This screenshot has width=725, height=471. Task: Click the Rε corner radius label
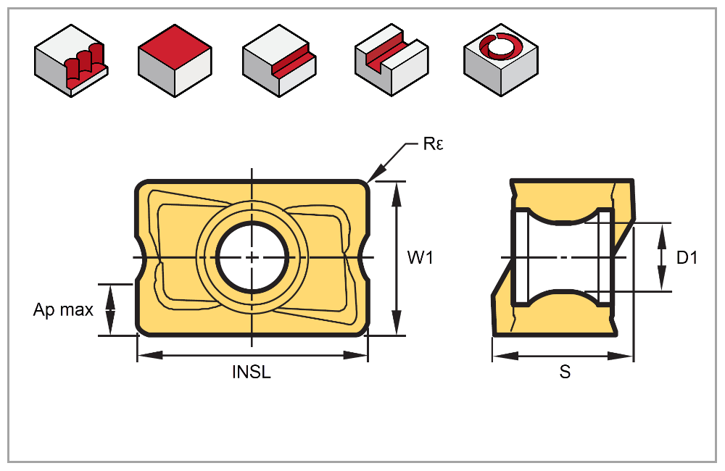pyautogui.click(x=433, y=143)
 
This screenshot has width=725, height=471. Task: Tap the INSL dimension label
pyautogui.click(x=252, y=373)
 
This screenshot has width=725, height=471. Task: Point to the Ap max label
pyautogui.click(x=64, y=310)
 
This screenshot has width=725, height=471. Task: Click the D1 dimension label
pyautogui.click(x=687, y=257)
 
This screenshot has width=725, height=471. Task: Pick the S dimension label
pyautogui.click(x=565, y=373)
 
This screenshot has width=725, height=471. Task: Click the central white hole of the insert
pyautogui.click(x=252, y=257)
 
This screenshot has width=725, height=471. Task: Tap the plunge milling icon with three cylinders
pyautogui.click(x=71, y=61)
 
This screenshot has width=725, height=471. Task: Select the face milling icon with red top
pyautogui.click(x=174, y=61)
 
